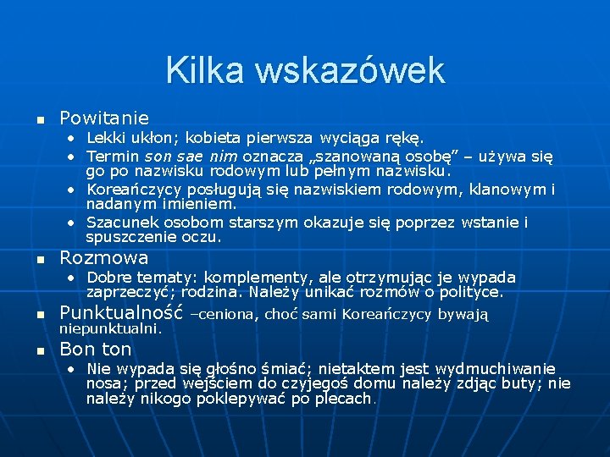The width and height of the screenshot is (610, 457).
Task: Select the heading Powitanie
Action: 104,118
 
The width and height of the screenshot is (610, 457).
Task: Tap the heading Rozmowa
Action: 104,257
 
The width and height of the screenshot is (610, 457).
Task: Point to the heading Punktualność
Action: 121,313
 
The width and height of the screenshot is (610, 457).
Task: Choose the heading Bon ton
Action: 96,349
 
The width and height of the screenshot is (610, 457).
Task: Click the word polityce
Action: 471,293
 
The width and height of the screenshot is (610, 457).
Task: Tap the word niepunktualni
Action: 110,329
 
